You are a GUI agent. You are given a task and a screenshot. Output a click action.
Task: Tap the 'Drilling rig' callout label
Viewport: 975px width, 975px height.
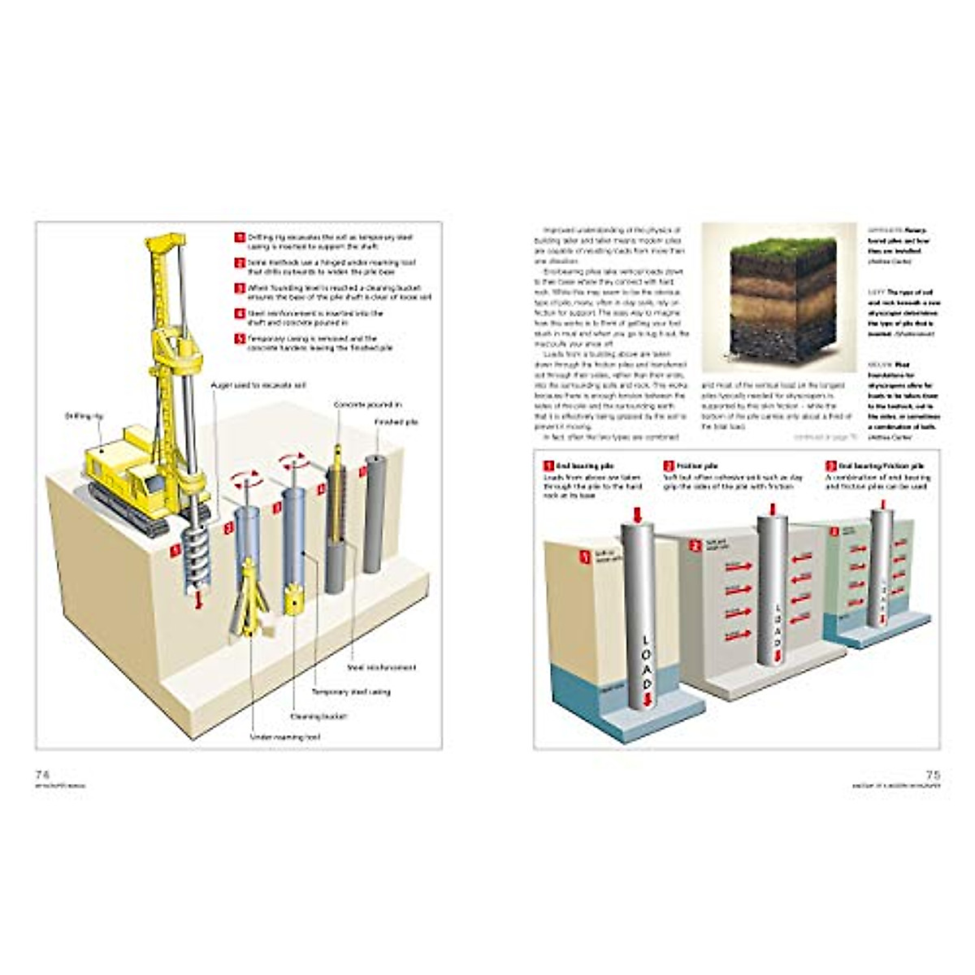pyautogui.click(x=84, y=416)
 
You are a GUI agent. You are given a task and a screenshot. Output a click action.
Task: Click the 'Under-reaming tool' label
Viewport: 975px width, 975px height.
pyautogui.click(x=285, y=737)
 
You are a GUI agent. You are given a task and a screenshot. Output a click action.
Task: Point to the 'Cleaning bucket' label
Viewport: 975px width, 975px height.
pyautogui.click(x=319, y=717)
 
